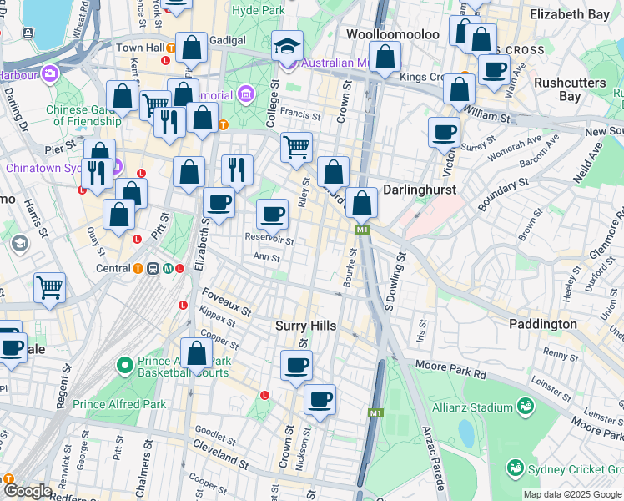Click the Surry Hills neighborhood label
click(x=305, y=326)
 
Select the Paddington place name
click(x=543, y=324)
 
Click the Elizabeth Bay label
click(x=576, y=14)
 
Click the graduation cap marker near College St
click(x=287, y=45)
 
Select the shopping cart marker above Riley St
click(x=296, y=148)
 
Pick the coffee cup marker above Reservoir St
click(x=272, y=215)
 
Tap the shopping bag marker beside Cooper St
click(x=197, y=352)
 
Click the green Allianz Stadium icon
click(x=526, y=407)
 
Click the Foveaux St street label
click(x=227, y=302)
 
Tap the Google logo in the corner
click(x=28, y=491)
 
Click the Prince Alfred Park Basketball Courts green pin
click(x=125, y=366)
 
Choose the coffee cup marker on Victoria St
click(x=444, y=131)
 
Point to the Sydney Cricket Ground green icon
click(x=516, y=468)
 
